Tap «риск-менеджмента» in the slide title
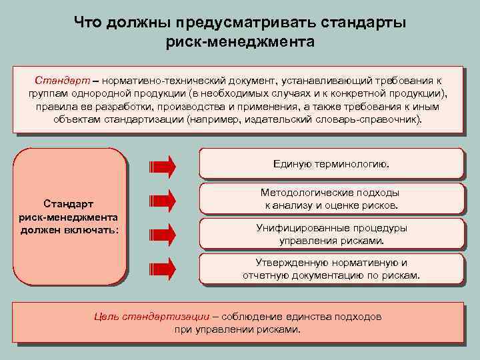pos(240,43)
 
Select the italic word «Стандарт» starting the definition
pos(58,79)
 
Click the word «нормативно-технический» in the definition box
pos(144,79)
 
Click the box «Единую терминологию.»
pos(331,164)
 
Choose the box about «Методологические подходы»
pos(331,199)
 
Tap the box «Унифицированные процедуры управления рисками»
pos(331,233)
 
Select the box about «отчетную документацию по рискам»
pos(331,268)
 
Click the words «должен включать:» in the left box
pos(69,229)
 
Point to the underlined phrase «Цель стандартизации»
pos(152,316)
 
